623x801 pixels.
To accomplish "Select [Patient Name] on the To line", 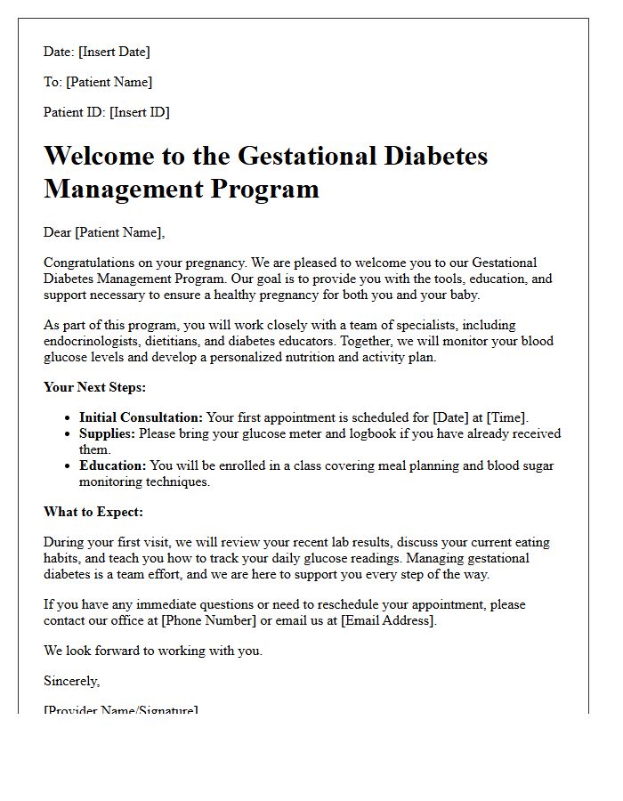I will tap(109, 82).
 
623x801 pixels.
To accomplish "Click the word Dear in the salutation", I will tap(58, 232).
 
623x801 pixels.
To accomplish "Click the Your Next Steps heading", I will tap(94, 387).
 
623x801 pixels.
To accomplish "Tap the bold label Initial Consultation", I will tap(141, 417).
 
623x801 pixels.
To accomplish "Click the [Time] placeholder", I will tap(507, 417).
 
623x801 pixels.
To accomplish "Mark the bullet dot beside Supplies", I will tap(69, 434).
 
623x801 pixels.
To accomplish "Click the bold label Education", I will tap(112, 465).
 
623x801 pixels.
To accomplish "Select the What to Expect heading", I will tap(93, 512).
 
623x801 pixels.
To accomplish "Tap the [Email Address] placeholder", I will tap(388, 620).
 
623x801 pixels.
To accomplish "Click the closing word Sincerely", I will tap(72, 681).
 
